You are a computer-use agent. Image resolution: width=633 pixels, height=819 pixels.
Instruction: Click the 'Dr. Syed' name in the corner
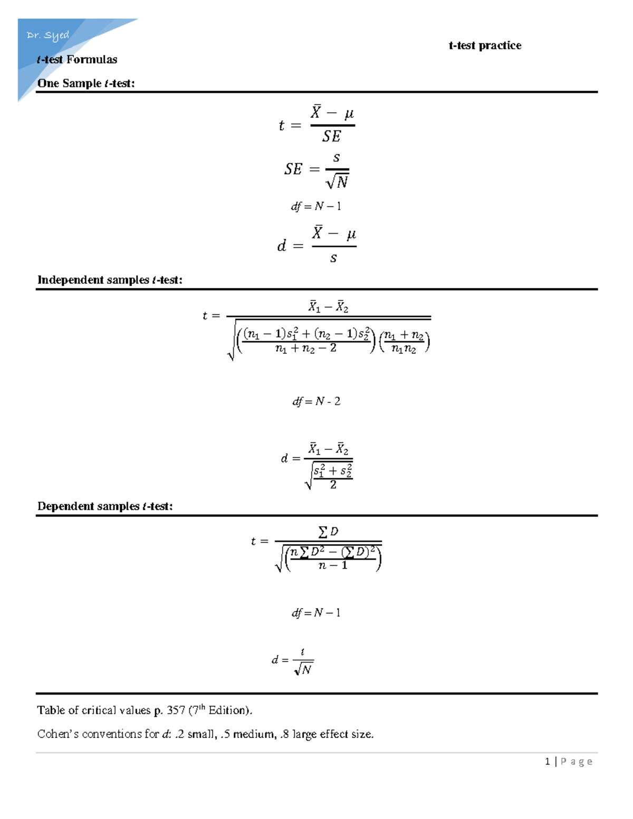47,35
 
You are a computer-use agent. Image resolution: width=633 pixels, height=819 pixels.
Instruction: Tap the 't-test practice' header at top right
485,45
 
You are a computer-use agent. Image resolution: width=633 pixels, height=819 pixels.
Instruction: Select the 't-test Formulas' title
77,60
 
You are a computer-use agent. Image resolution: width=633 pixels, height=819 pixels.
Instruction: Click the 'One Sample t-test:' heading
86,83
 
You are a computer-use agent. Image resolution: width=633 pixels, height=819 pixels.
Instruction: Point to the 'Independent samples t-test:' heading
110,280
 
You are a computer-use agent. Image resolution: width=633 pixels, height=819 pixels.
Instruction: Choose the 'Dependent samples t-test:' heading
105,506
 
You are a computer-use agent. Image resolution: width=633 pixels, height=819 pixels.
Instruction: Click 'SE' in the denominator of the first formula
332,137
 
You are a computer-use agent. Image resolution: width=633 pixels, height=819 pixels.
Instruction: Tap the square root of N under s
338,182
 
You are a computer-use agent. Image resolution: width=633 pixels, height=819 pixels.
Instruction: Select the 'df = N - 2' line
316,401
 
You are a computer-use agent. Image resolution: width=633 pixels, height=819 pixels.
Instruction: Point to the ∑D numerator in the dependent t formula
328,532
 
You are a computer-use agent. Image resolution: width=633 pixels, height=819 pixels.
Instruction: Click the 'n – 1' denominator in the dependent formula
333,565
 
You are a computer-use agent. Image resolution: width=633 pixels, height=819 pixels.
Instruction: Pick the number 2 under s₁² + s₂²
333,485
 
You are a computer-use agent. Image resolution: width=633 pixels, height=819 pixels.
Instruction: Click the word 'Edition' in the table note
228,710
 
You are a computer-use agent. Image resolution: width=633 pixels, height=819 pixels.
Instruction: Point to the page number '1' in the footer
548,761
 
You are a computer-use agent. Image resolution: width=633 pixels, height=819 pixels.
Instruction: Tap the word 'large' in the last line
305,734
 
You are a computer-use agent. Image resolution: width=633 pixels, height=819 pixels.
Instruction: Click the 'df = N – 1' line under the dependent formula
316,613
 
